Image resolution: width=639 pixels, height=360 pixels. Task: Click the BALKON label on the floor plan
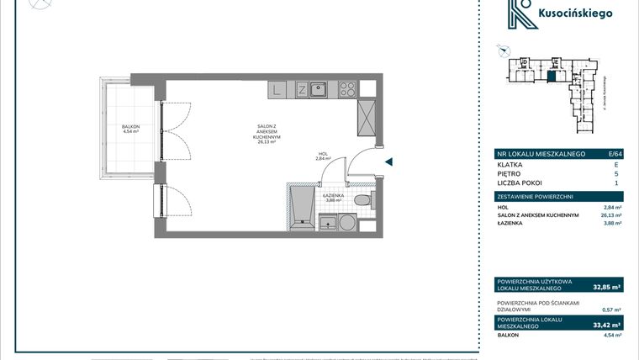(129, 128)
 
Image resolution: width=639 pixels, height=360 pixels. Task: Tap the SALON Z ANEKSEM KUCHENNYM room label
(274, 134)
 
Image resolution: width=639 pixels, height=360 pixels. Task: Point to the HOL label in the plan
(323, 156)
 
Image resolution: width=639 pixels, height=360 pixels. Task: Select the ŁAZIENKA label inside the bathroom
(332, 198)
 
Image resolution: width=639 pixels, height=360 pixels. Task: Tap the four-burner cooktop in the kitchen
(347, 88)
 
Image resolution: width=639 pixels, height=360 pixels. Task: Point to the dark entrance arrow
(388, 163)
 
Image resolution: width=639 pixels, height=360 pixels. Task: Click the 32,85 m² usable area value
(605, 287)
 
